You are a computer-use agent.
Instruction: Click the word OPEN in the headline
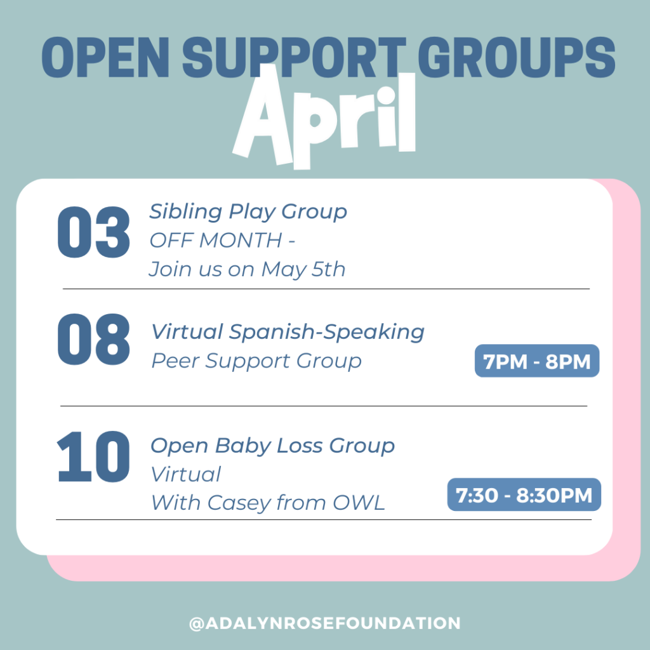tap(105, 57)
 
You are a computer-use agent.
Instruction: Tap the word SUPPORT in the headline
tap(294, 57)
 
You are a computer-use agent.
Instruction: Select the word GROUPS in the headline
tap(516, 57)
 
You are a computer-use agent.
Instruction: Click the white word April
tap(324, 118)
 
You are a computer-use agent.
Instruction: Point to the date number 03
tap(94, 232)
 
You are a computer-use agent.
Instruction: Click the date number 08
tap(94, 340)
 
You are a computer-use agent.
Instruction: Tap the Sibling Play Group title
tap(248, 212)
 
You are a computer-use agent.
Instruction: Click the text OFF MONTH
tap(216, 241)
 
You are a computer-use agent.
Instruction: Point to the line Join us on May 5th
tap(247, 269)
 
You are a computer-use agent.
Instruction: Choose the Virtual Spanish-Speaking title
tap(288, 332)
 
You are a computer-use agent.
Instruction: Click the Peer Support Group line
tap(256, 361)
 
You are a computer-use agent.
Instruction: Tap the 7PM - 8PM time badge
tap(537, 361)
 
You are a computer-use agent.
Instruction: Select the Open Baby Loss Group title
tap(272, 446)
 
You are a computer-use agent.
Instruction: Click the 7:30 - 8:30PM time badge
tap(524, 494)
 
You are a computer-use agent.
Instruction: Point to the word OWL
tap(359, 503)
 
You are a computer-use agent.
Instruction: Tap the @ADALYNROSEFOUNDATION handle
tap(325, 623)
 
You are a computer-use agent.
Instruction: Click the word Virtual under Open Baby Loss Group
tap(186, 475)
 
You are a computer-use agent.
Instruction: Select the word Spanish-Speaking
tap(327, 332)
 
